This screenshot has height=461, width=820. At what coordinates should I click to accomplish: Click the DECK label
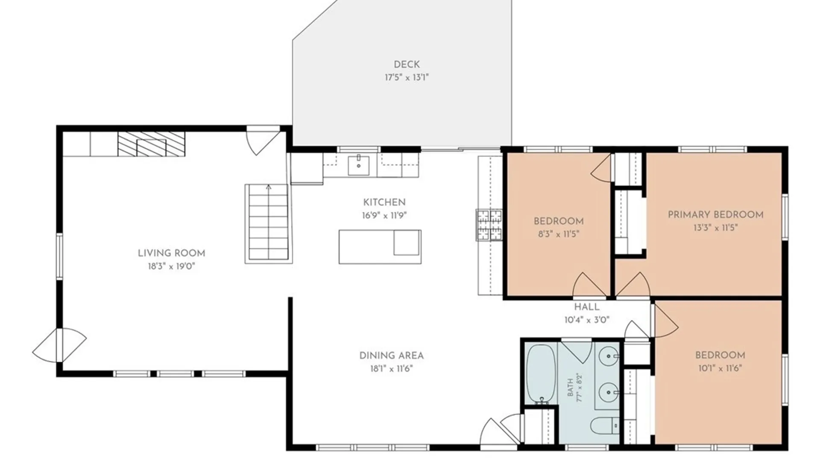pos(407,64)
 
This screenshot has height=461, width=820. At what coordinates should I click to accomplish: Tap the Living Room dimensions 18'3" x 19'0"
pos(171,266)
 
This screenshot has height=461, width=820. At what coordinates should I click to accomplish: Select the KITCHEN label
pos(384,202)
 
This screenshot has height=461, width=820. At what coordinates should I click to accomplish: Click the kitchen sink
pos(359,165)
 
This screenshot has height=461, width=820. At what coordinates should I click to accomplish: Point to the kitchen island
pos(380,247)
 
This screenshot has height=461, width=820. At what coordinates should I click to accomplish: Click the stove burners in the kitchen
pos(489,225)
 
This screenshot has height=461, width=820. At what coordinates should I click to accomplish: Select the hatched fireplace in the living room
pos(151,144)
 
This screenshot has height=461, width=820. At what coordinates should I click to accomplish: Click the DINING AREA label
pos(392,356)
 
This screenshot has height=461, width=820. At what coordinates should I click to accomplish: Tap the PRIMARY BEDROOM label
pos(716,215)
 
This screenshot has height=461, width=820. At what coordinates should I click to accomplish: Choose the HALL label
pos(587,307)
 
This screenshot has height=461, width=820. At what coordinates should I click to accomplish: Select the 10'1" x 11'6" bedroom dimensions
pos(720,368)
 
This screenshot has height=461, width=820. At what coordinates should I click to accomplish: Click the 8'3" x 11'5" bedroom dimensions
pos(559,234)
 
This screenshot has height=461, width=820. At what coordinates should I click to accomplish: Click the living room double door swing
pos(60,345)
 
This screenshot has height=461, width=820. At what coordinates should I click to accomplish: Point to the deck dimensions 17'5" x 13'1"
pos(407,78)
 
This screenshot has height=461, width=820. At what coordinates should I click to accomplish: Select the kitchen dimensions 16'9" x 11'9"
pos(384,216)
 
